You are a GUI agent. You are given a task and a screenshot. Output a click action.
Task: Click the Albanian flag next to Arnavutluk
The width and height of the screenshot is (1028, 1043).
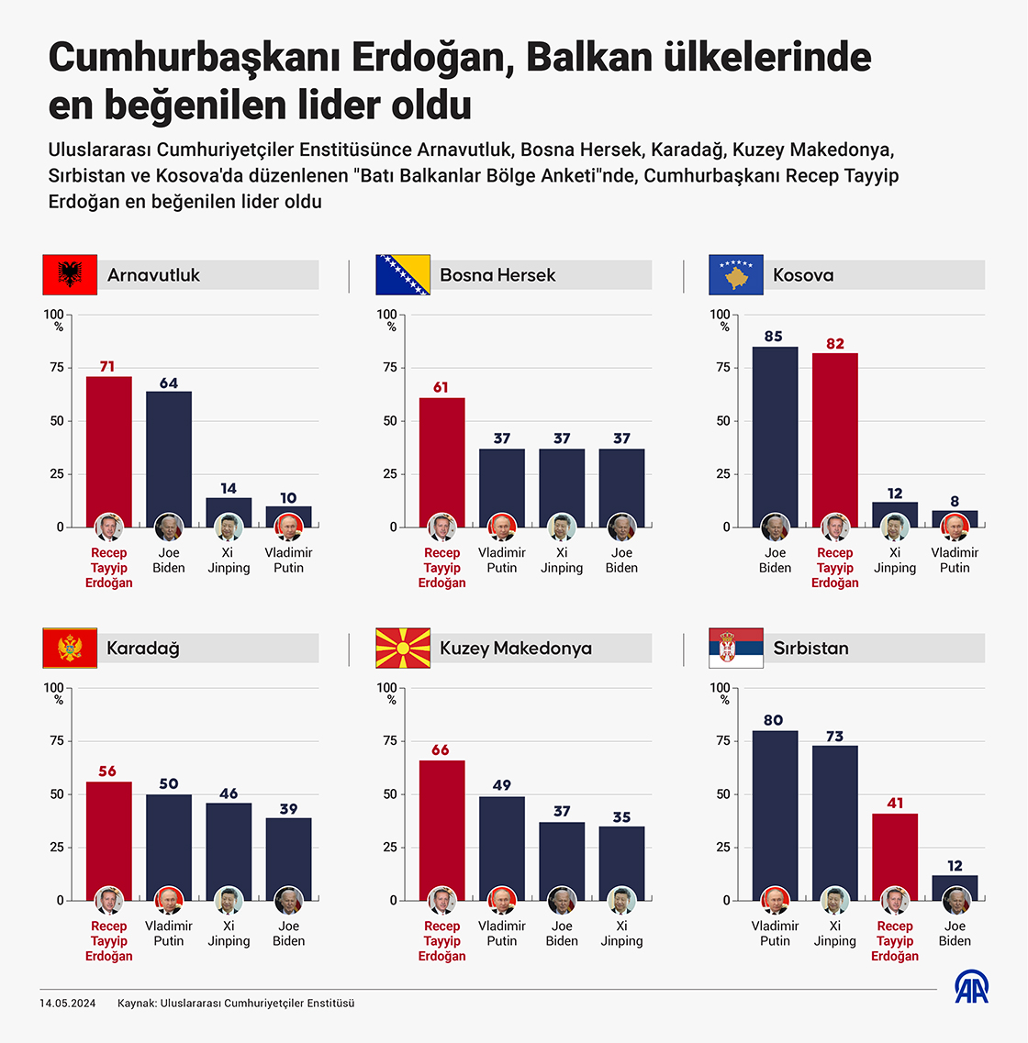(x=70, y=274)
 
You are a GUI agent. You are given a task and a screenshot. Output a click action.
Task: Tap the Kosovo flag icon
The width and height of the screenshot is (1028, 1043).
(x=736, y=274)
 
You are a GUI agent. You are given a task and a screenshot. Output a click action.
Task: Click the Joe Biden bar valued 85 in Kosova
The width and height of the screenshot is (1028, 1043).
(x=775, y=431)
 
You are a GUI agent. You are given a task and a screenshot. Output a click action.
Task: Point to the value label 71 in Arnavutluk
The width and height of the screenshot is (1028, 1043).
(x=107, y=367)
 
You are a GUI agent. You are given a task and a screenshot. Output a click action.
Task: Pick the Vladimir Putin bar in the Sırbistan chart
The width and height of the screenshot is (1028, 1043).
(x=775, y=807)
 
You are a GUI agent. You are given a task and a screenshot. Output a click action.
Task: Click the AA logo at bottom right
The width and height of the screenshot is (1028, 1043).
(x=971, y=987)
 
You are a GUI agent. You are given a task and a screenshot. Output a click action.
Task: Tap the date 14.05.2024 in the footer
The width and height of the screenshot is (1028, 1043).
(x=67, y=1004)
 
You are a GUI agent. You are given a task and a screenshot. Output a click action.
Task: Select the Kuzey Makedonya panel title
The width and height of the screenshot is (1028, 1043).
(x=516, y=649)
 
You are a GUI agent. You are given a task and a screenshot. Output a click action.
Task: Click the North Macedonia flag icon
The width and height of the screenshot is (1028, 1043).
(x=403, y=648)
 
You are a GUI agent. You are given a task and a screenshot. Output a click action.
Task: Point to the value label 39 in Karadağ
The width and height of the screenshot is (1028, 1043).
(x=288, y=809)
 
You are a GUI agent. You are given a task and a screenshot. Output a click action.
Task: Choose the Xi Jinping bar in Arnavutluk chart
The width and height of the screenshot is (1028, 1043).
(x=229, y=509)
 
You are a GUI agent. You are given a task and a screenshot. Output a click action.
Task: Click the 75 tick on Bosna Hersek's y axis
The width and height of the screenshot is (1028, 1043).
(x=390, y=368)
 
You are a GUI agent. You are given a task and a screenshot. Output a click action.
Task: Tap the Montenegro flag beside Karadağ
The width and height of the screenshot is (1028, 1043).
(x=70, y=648)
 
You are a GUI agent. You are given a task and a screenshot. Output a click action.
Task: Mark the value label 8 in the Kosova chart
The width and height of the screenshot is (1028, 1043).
(x=955, y=502)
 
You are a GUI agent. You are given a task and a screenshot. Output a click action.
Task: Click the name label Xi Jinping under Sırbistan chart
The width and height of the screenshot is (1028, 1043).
(x=835, y=934)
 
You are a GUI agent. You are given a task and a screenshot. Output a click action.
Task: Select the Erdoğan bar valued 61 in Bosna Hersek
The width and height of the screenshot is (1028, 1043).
(x=441, y=459)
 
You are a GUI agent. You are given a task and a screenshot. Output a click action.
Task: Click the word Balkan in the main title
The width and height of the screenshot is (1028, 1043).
(x=584, y=57)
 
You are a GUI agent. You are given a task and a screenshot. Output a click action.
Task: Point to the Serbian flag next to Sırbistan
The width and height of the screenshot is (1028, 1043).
(x=736, y=648)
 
